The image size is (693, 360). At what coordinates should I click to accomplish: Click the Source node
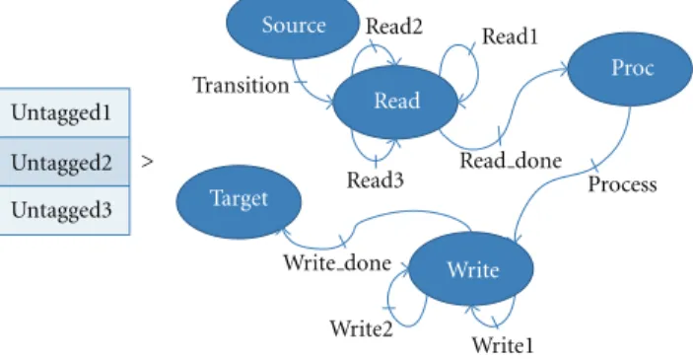(x=293, y=26)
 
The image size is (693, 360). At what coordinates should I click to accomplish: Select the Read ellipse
(x=395, y=102)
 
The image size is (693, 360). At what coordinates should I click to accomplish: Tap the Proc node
(x=630, y=69)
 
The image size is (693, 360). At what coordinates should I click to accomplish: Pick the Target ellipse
(x=239, y=201)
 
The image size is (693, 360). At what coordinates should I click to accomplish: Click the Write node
(x=471, y=268)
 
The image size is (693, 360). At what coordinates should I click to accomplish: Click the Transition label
(x=242, y=85)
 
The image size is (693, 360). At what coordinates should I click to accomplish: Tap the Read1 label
(x=510, y=36)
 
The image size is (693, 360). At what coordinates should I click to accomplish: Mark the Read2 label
(x=393, y=26)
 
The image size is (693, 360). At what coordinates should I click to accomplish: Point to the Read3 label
(x=376, y=180)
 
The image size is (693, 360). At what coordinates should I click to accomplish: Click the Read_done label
(x=511, y=160)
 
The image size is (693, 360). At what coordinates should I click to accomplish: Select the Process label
(x=622, y=184)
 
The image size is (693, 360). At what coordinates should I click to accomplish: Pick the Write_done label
(x=337, y=262)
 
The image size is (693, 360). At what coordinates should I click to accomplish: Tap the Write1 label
(x=503, y=345)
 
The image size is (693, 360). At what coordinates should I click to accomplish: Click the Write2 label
(x=361, y=328)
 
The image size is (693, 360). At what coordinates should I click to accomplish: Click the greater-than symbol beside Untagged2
(x=147, y=162)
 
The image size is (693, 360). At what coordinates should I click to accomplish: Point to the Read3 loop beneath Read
(x=376, y=159)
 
